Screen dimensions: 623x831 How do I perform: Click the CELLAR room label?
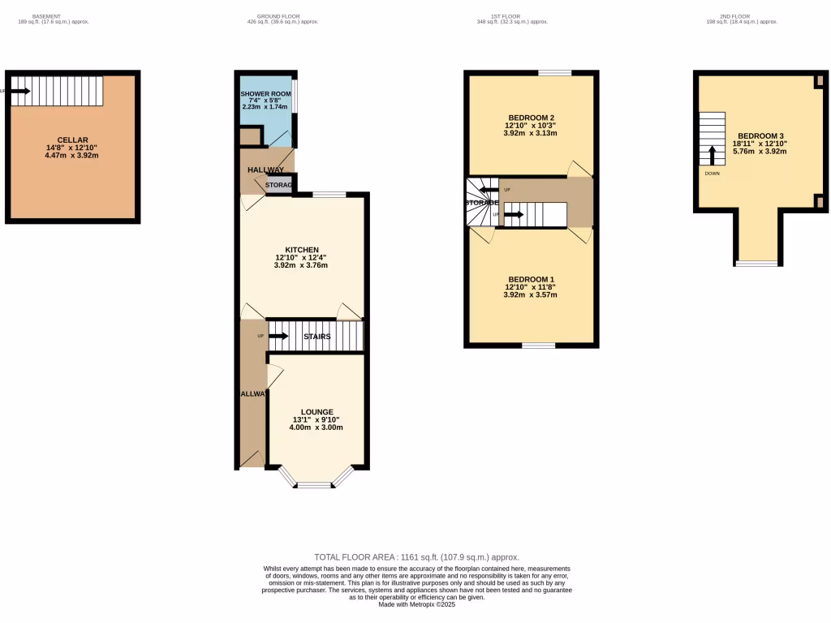(x=72, y=140)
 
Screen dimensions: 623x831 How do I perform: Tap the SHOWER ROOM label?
(x=265, y=94)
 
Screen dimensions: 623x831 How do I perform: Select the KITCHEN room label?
(x=301, y=249)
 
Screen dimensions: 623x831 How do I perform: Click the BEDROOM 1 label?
(x=530, y=279)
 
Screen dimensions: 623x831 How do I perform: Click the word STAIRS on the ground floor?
(x=316, y=336)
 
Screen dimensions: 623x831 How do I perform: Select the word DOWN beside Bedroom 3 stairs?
(x=711, y=173)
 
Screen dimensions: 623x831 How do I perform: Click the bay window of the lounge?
(x=315, y=484)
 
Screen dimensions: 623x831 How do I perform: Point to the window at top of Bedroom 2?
(x=554, y=73)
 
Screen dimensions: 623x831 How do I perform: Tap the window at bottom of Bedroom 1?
(x=538, y=346)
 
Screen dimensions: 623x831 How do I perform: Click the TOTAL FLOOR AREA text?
(x=416, y=557)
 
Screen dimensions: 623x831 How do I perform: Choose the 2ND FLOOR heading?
(x=742, y=16)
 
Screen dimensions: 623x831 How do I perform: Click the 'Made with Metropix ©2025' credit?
(x=416, y=604)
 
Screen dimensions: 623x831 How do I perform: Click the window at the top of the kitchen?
(x=329, y=194)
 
